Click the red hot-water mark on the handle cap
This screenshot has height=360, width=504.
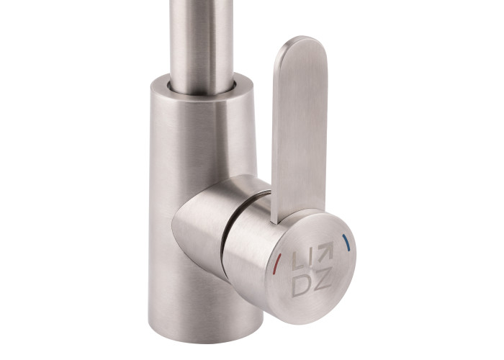[276, 264]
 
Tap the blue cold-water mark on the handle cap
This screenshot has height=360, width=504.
[346, 243]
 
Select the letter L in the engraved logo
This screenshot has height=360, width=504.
[297, 261]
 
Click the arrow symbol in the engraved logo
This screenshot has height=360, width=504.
[325, 251]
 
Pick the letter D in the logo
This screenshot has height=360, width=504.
[301, 285]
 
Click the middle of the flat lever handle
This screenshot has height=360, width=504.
[299, 129]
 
